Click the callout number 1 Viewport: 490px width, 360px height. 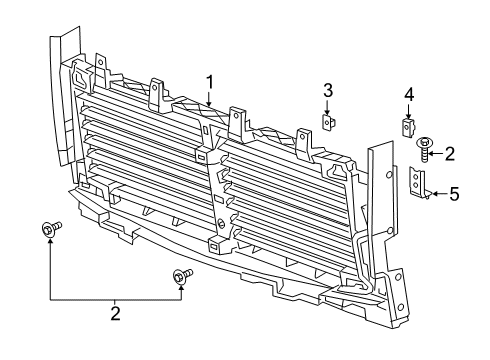(x=210, y=81)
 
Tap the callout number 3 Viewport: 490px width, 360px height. (x=327, y=92)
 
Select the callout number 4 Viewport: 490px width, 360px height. (x=408, y=94)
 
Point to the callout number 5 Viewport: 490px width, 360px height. (x=454, y=194)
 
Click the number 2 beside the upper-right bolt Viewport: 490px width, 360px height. (x=450, y=153)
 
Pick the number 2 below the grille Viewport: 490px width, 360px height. (x=115, y=314)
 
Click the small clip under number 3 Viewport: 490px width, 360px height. (x=327, y=122)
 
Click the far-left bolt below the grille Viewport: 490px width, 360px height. (x=49, y=230)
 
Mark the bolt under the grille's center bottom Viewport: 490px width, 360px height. (x=181, y=275)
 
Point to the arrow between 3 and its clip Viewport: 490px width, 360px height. (x=327, y=107)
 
